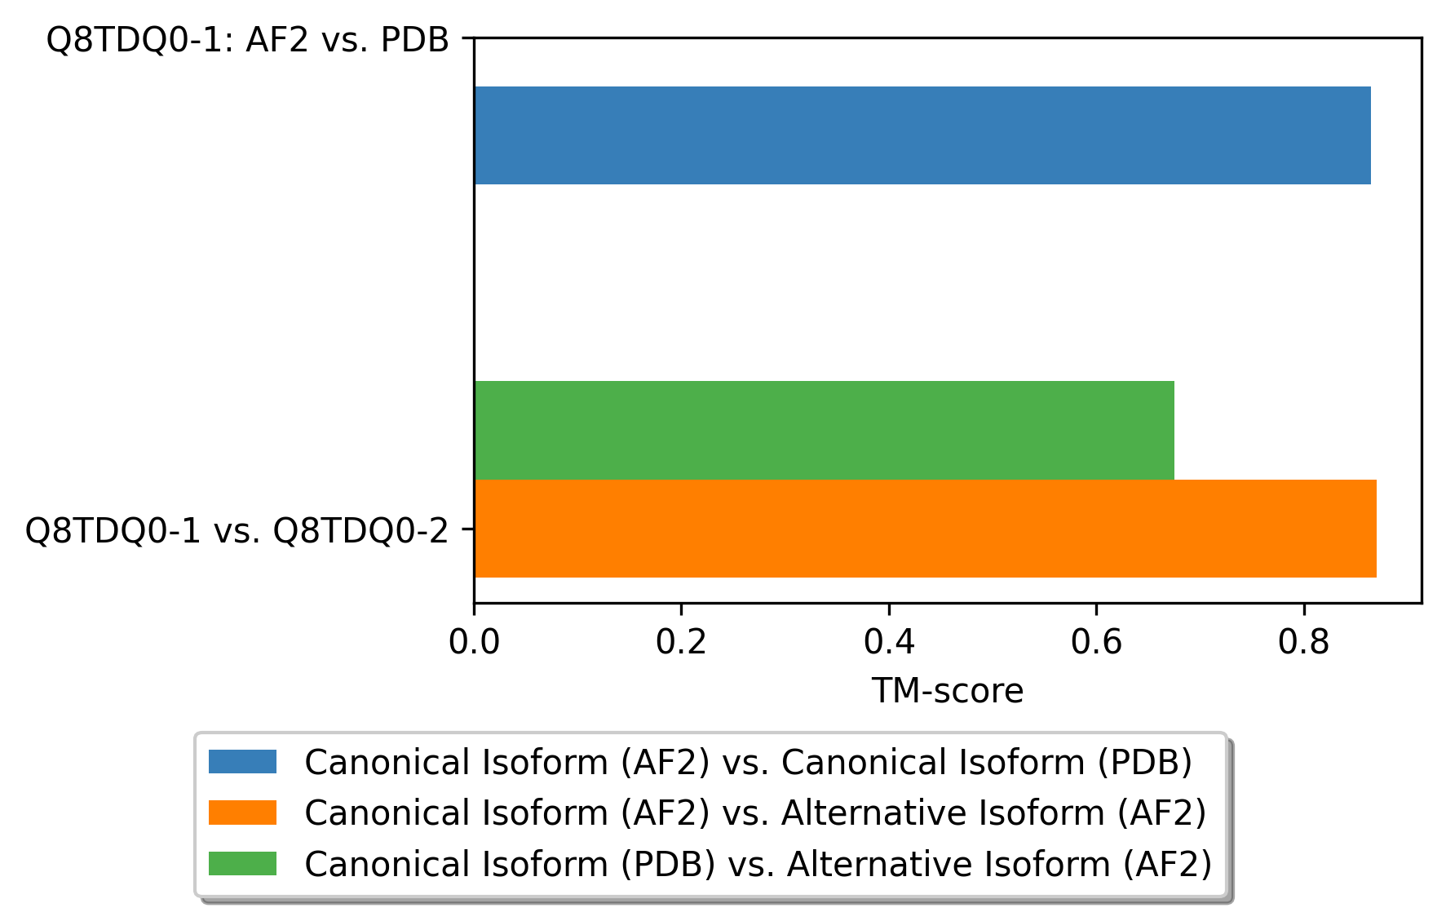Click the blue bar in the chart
[922, 135]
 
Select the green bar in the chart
[824, 430]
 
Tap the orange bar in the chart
[925, 529]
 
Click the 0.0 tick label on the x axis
[474, 643]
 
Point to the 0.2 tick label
[681, 643]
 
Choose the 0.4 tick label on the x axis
[889, 643]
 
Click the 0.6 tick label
[1096, 643]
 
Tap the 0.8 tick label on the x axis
[1303, 643]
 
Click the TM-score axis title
[947, 692]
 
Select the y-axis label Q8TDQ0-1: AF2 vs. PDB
[247, 39]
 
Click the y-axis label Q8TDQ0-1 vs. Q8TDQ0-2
[237, 531]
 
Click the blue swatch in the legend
[242, 762]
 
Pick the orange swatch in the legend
[242, 813]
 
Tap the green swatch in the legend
[242, 864]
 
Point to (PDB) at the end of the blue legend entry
[1143, 763]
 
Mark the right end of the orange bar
[1375, 529]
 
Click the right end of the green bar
[1173, 430]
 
